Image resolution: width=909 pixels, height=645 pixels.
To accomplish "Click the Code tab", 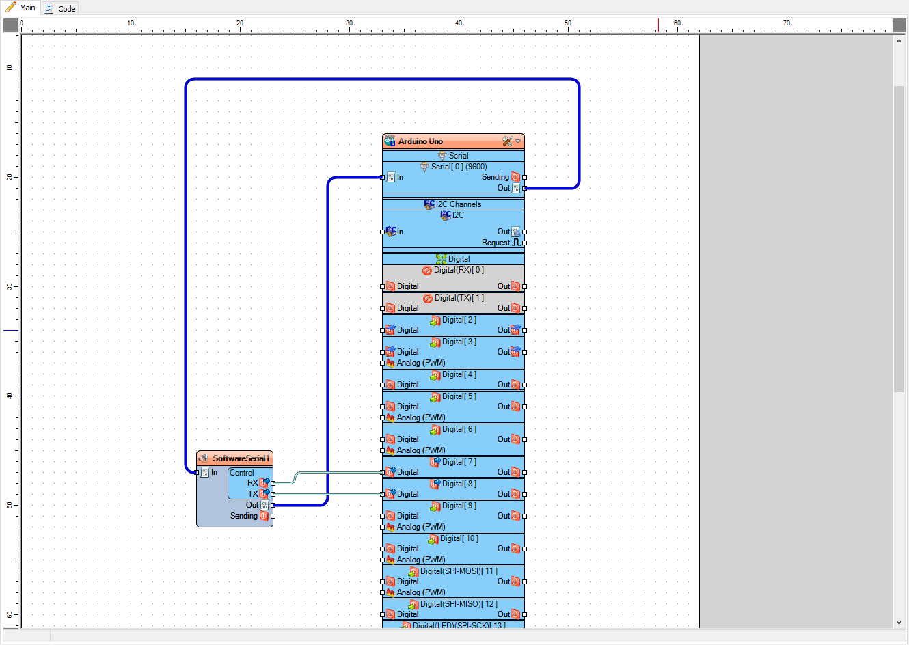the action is point(60,8).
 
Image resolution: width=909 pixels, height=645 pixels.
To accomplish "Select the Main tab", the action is point(21,8).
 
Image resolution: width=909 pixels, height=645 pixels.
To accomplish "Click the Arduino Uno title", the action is point(420,141).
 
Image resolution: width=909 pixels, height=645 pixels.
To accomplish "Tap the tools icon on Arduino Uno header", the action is point(507,141).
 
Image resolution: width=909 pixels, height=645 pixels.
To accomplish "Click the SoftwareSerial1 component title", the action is point(241,458).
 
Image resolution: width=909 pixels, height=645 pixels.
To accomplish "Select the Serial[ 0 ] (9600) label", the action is point(459,167).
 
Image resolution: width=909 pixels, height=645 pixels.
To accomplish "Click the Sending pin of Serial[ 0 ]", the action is point(524,177).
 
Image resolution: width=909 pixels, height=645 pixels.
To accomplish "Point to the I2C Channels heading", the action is point(458,204).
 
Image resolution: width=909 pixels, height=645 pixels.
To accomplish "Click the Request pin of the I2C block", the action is point(524,243).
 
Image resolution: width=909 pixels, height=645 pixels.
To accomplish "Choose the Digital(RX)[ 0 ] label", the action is point(459,270).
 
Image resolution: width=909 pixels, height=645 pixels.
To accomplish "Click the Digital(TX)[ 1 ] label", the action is point(459,298).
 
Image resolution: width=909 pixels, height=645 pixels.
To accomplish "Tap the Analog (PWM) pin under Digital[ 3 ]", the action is point(382,363).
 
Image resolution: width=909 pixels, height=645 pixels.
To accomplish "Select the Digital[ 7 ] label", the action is point(459,462).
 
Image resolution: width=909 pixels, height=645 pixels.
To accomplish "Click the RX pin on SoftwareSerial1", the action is point(273,483).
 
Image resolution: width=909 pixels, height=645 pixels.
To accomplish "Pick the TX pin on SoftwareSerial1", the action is point(273,494).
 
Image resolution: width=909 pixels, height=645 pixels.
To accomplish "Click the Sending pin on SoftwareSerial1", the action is point(273,516).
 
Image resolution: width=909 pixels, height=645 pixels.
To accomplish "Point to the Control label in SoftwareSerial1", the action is point(241,473).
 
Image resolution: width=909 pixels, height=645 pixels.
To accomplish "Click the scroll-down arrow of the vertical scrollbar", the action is point(899,622).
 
